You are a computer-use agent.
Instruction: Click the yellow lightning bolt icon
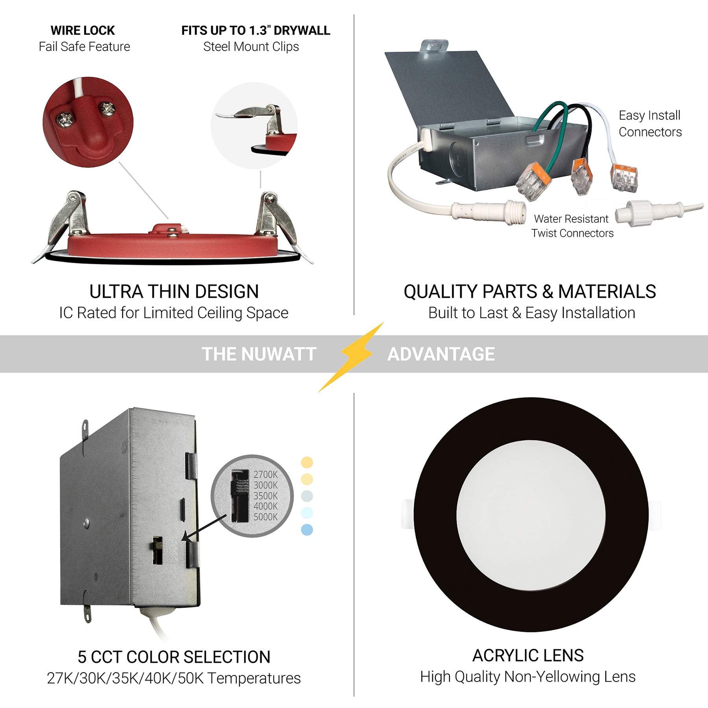pos(351,356)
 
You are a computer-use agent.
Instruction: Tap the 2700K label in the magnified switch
pos(265,475)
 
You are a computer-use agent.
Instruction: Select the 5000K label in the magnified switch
pos(265,517)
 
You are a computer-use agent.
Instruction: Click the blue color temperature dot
pos(307,530)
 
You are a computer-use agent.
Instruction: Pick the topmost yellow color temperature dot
pos(307,462)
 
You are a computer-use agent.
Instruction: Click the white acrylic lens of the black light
pos(531,515)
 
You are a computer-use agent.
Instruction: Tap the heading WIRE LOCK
pos(83,30)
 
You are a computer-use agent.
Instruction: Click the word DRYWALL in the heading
pos(302,30)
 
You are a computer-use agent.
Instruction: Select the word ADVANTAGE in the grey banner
pos(441,354)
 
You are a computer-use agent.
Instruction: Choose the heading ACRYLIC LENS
pos(528,656)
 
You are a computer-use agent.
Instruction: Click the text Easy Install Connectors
pos(650,124)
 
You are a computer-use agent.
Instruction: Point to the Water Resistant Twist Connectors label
pos(572,226)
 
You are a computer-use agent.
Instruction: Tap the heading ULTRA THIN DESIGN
pos(174,291)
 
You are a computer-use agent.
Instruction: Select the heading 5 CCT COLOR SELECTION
pos(174,657)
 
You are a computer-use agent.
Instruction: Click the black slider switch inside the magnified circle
pos(240,496)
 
